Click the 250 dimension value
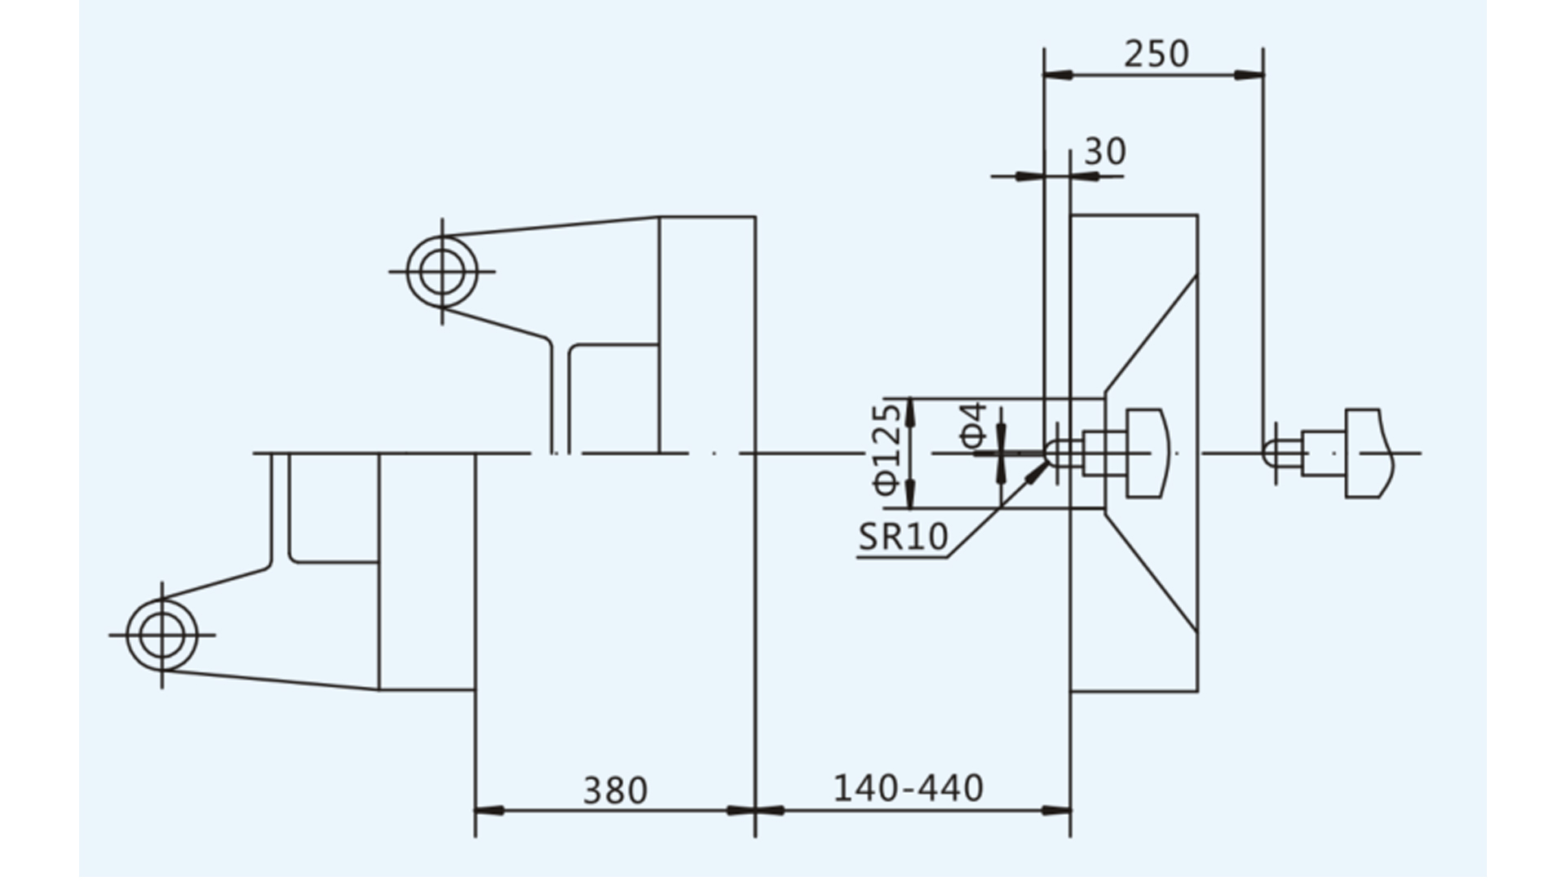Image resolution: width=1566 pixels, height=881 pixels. [x=1157, y=54]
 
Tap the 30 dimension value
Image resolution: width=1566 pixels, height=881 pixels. [x=1105, y=152]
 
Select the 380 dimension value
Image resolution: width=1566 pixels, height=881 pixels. [x=616, y=790]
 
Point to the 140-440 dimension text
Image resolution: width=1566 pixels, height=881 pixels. [x=909, y=788]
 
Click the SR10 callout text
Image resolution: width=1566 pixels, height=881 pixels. [x=904, y=537]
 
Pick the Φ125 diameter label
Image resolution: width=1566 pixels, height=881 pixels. [x=888, y=449]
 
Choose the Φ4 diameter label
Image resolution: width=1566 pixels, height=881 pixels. [x=974, y=425]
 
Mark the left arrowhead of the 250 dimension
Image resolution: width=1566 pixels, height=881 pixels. [x=1058, y=75]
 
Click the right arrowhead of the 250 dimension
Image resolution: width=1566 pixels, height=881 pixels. [x=1250, y=75]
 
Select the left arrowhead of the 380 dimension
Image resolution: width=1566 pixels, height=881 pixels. [x=489, y=811]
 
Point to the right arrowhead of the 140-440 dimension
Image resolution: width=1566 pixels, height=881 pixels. [x=1056, y=811]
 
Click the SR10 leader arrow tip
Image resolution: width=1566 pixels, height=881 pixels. [x=1047, y=462]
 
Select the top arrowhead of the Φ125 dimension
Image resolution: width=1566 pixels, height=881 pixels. [x=911, y=413]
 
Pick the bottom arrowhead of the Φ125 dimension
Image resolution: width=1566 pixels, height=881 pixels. [x=911, y=494]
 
